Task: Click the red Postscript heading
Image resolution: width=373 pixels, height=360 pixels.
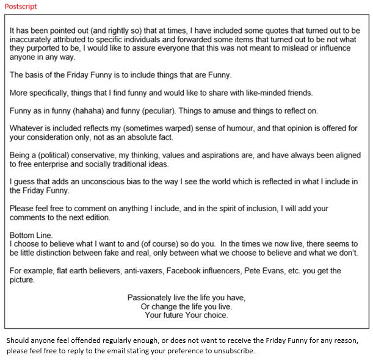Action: click(20, 6)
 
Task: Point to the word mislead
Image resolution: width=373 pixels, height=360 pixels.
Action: click(293, 48)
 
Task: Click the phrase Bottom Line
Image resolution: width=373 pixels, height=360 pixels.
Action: click(31, 235)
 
